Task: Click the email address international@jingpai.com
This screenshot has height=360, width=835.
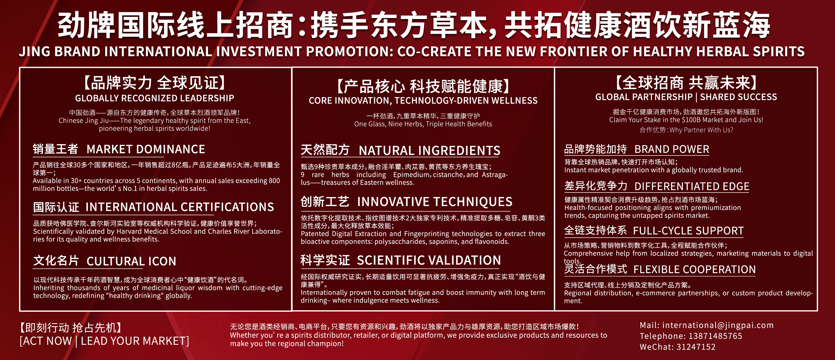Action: pos(718,325)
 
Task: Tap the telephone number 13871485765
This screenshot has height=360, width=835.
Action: pos(715,336)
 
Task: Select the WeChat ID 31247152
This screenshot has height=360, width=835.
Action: pos(696,347)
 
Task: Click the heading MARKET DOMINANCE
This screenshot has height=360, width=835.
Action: pos(146,149)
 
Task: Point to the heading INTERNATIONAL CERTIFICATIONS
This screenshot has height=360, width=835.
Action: pos(180,207)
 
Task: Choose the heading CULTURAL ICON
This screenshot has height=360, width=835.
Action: pos(131,261)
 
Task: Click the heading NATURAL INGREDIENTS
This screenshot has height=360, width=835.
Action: pos(429,151)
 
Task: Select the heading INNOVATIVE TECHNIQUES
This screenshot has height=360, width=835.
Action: pos(435,202)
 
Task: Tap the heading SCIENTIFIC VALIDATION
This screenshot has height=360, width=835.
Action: pos(429,260)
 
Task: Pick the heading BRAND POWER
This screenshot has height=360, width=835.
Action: pos(672,149)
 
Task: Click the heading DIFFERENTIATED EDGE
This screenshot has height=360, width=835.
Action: pos(692,187)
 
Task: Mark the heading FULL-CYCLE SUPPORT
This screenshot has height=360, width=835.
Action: pos(688,231)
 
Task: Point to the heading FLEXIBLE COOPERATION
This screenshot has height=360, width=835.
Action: pos(694,269)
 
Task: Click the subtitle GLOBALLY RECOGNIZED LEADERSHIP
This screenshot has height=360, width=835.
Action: pos(155,98)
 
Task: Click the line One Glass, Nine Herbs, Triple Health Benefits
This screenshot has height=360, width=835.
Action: pos(423,124)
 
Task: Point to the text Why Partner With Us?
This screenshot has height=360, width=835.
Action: pos(701,130)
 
